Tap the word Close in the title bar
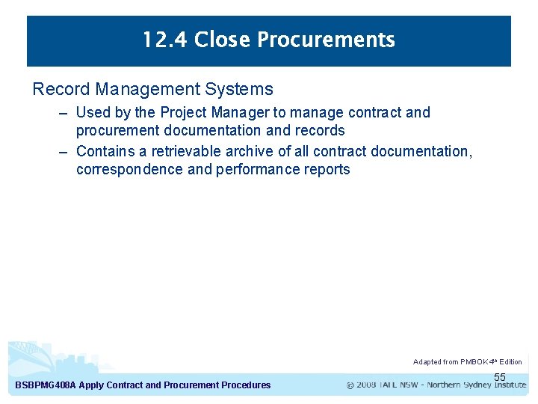(x=218, y=40)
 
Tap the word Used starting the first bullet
(x=93, y=112)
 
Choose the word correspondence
(x=129, y=169)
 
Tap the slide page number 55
(x=500, y=377)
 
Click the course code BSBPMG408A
(x=46, y=385)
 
